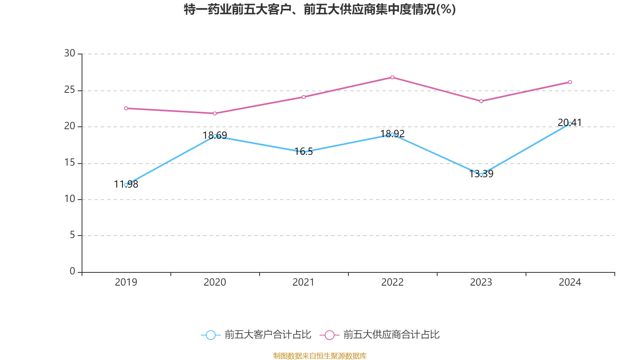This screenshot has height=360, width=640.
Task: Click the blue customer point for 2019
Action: coord(126,185)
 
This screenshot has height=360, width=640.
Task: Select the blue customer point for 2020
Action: coord(215,136)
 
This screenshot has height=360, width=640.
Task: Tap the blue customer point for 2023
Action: coord(481,175)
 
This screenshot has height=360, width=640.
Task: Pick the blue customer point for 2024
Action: coord(570,124)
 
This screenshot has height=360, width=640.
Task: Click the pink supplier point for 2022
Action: coord(392,77)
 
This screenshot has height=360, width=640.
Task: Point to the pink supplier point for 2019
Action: coord(126,108)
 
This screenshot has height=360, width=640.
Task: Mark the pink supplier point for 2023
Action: coord(481,101)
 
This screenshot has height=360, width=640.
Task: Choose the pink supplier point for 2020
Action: coord(215,114)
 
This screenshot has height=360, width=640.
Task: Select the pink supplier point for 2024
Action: coord(570,82)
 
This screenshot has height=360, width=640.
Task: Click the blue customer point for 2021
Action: coord(304,152)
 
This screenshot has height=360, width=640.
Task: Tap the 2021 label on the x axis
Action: coord(304,282)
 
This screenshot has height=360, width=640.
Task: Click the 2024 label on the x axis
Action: coord(570,282)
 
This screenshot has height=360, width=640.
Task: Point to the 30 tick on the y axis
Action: coord(70,54)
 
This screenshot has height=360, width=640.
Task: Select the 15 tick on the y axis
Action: coord(70,163)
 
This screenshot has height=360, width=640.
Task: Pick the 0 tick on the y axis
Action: coord(72,272)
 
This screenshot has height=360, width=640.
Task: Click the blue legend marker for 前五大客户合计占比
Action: coord(210,335)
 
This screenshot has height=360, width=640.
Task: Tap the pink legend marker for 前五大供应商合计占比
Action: coord(329,335)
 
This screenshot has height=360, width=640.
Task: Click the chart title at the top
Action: coord(320,9)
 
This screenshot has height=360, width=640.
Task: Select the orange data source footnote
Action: coord(320,356)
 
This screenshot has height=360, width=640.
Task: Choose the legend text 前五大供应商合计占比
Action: coord(391,335)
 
